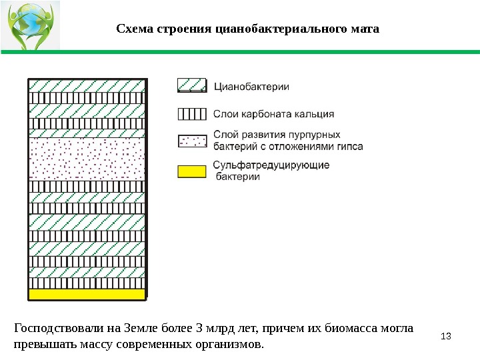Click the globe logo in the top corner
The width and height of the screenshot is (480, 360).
[x=31, y=25]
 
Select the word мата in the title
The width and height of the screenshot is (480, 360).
[x=365, y=29]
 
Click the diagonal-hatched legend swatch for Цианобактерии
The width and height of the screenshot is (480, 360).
[x=192, y=85]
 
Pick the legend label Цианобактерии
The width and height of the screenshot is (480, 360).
[x=252, y=86]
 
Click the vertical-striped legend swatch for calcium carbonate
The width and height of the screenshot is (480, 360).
[x=192, y=113]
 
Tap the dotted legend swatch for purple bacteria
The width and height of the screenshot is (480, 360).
[x=192, y=141]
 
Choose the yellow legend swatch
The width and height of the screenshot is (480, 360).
[x=192, y=171]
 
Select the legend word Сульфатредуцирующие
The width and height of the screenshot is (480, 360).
[x=271, y=165]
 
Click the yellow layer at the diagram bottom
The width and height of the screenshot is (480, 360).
[x=87, y=294]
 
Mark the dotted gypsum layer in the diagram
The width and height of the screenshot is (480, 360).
[x=87, y=159]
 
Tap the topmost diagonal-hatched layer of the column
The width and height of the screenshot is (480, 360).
[x=87, y=85]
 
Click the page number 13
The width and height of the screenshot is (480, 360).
[x=446, y=334]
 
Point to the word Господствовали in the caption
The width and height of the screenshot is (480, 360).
[x=57, y=328]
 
